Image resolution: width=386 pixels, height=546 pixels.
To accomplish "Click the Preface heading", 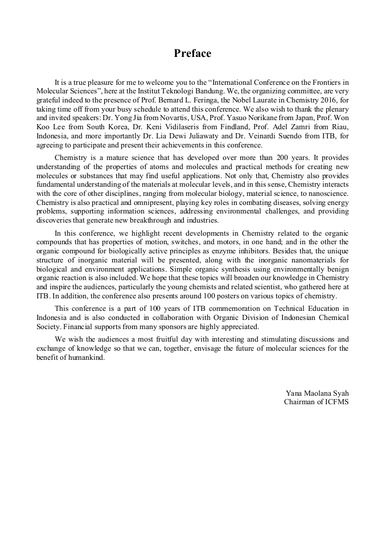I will (x=192, y=54).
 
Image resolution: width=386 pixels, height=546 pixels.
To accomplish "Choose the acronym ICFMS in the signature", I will (x=336, y=401).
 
